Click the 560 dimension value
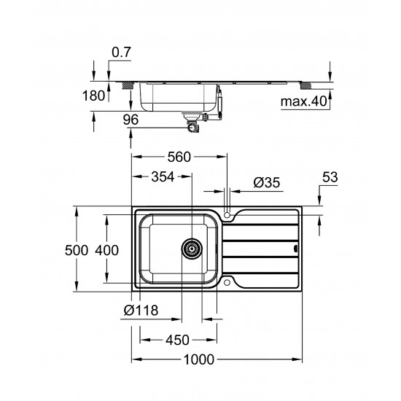pyautogui.click(x=178, y=156)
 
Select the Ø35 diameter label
pyautogui.click(x=267, y=184)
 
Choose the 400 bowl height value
pyautogui.click(x=106, y=250)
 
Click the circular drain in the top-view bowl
pyautogui.click(x=192, y=247)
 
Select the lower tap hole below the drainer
pyautogui.click(x=228, y=282)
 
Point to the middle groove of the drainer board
pyautogui.click(x=262, y=248)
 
